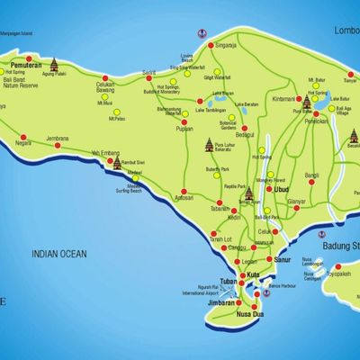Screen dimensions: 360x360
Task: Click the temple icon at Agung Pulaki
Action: pyautogui.click(x=54, y=65)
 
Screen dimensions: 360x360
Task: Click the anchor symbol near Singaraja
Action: pyautogui.click(x=200, y=33)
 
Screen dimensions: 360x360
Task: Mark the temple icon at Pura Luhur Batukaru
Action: pyautogui.click(x=211, y=143)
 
